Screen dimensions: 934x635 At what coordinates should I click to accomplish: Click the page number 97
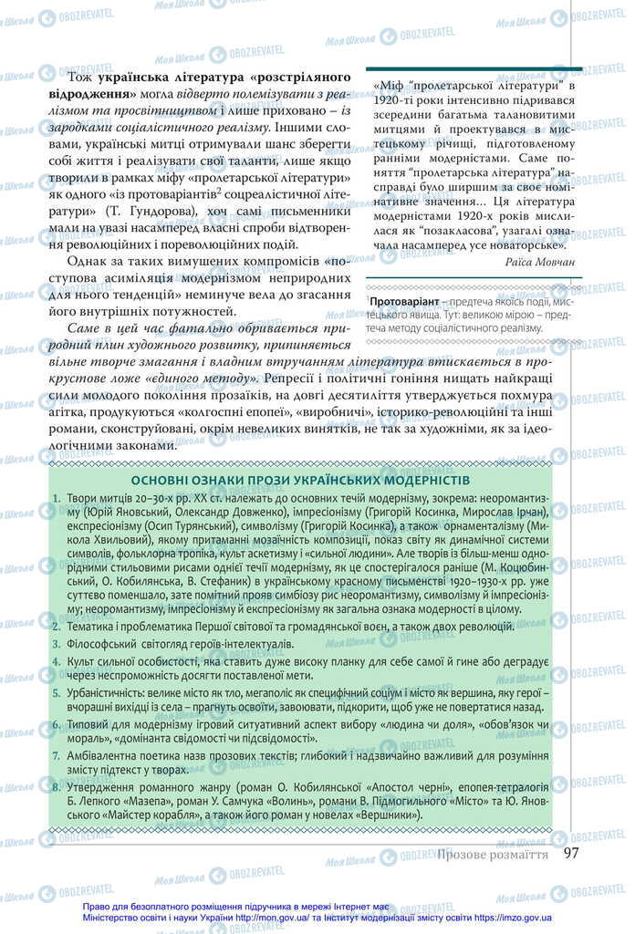point(572,853)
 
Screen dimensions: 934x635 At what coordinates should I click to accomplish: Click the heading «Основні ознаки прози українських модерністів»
point(300,480)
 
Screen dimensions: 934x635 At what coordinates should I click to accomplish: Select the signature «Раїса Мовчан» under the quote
point(539,262)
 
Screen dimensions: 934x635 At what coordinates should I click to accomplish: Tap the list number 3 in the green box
point(57,646)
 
